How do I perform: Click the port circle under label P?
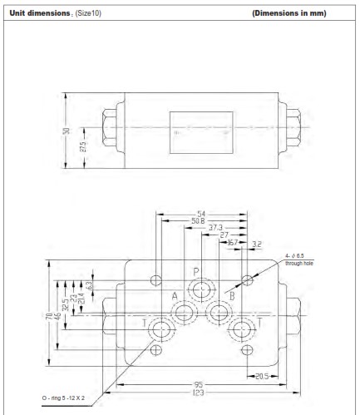200,290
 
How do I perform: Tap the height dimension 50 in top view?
67,131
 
